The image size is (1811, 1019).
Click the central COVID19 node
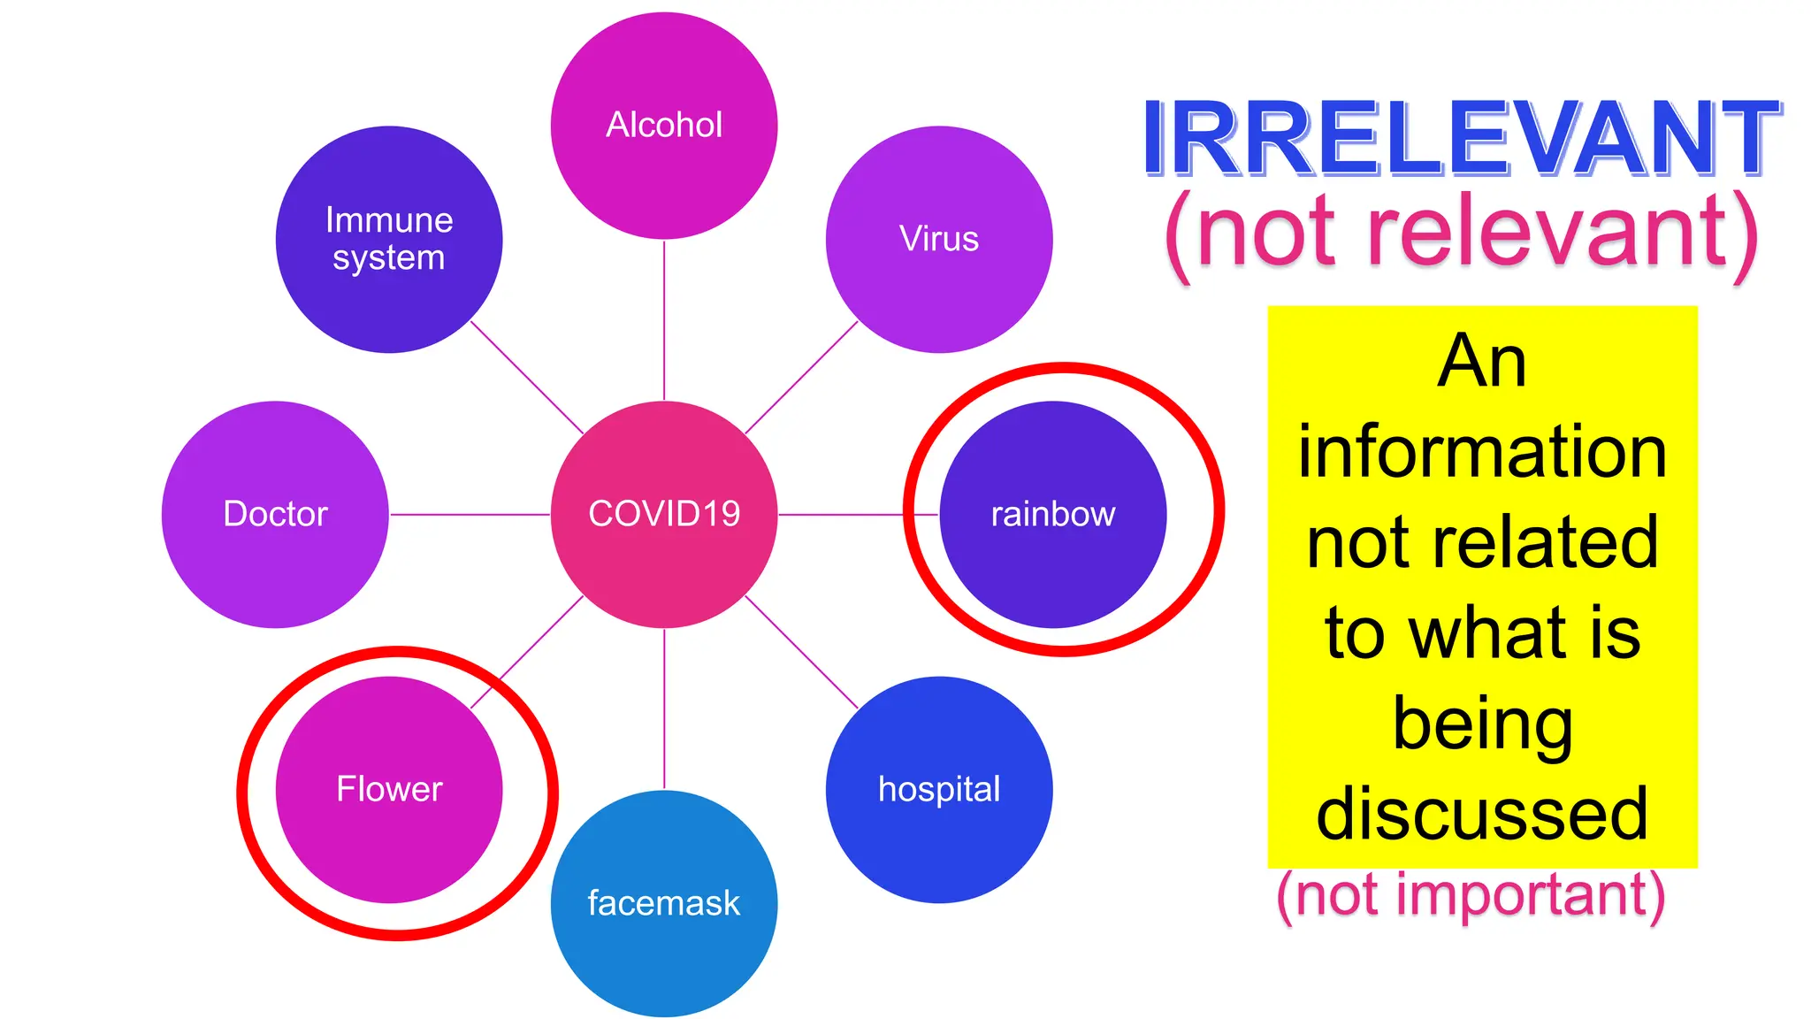pyautogui.click(x=664, y=514)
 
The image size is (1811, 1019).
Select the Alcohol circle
pyautogui.click(x=664, y=125)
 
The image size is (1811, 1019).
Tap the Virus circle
pyautogui.click(x=939, y=239)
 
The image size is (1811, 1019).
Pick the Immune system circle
pyautogui.click(x=389, y=239)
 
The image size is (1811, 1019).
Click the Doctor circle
pyautogui.click(x=275, y=514)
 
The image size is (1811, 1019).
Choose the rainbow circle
pyautogui.click(x=1052, y=514)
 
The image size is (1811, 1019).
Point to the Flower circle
pyautogui.click(x=389, y=789)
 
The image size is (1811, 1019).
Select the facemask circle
pyautogui.click(x=664, y=903)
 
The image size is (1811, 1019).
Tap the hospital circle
pyautogui.click(x=939, y=789)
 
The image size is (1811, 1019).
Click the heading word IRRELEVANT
pyautogui.click(x=1461, y=139)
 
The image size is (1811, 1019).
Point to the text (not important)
pyautogui.click(x=1471, y=895)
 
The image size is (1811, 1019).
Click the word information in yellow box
pyautogui.click(x=1482, y=451)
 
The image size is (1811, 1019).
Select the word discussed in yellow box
pyautogui.click(x=1482, y=814)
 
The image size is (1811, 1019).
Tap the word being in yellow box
pyautogui.click(x=1482, y=724)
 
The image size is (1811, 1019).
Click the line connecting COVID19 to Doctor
pyautogui.click(x=469, y=514)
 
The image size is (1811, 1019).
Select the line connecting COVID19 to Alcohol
pyautogui.click(x=664, y=318)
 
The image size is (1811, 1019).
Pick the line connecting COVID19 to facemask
pyautogui.click(x=664, y=708)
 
